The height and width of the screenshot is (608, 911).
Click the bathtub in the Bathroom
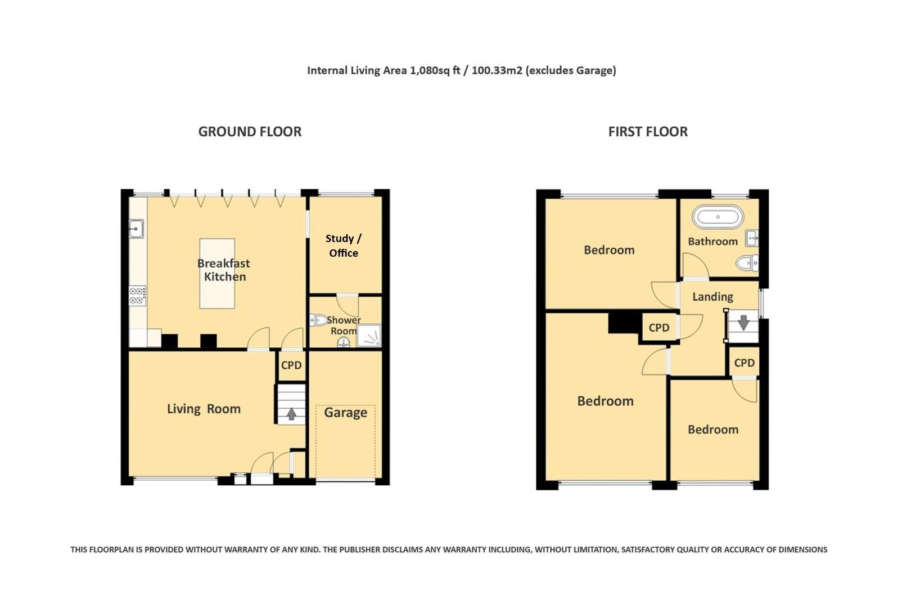tap(718, 217)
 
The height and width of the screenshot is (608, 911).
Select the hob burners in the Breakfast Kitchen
tap(137, 296)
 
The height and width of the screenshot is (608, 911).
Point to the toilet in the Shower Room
tap(319, 320)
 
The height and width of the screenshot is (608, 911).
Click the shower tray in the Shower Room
tap(369, 336)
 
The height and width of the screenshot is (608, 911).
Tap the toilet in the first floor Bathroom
tap(747, 263)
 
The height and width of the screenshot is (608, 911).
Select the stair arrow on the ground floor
tap(291, 414)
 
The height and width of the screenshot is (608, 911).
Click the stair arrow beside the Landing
tap(743, 323)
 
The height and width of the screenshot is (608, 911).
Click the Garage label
tap(345, 413)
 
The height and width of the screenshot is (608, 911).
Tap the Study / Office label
tap(344, 245)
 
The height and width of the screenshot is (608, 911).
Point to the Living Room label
tap(204, 409)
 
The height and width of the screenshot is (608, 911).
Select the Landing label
tap(712, 297)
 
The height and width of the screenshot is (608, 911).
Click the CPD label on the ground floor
tap(291, 365)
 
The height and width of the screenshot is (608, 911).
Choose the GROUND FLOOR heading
tap(250, 132)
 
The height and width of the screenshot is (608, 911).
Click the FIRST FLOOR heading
tap(648, 132)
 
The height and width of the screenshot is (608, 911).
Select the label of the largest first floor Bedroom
tap(605, 401)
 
